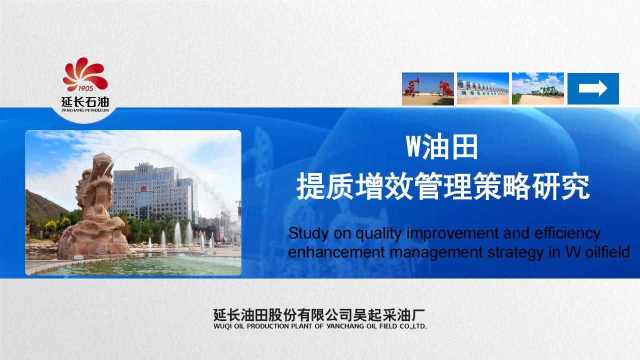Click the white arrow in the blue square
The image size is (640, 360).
[593, 88]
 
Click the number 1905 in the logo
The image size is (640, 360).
[85, 88]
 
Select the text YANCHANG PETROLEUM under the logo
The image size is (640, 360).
[85, 110]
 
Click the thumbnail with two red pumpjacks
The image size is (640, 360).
[427, 89]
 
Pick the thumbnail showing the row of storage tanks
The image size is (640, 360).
[483, 88]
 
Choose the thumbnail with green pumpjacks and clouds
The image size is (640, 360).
[537, 88]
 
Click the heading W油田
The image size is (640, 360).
[441, 147]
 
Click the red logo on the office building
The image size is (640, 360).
[143, 188]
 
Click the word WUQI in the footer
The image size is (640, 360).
[222, 326]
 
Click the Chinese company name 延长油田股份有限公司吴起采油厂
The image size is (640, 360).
[319, 315]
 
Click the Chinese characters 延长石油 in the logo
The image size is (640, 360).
[85, 102]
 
